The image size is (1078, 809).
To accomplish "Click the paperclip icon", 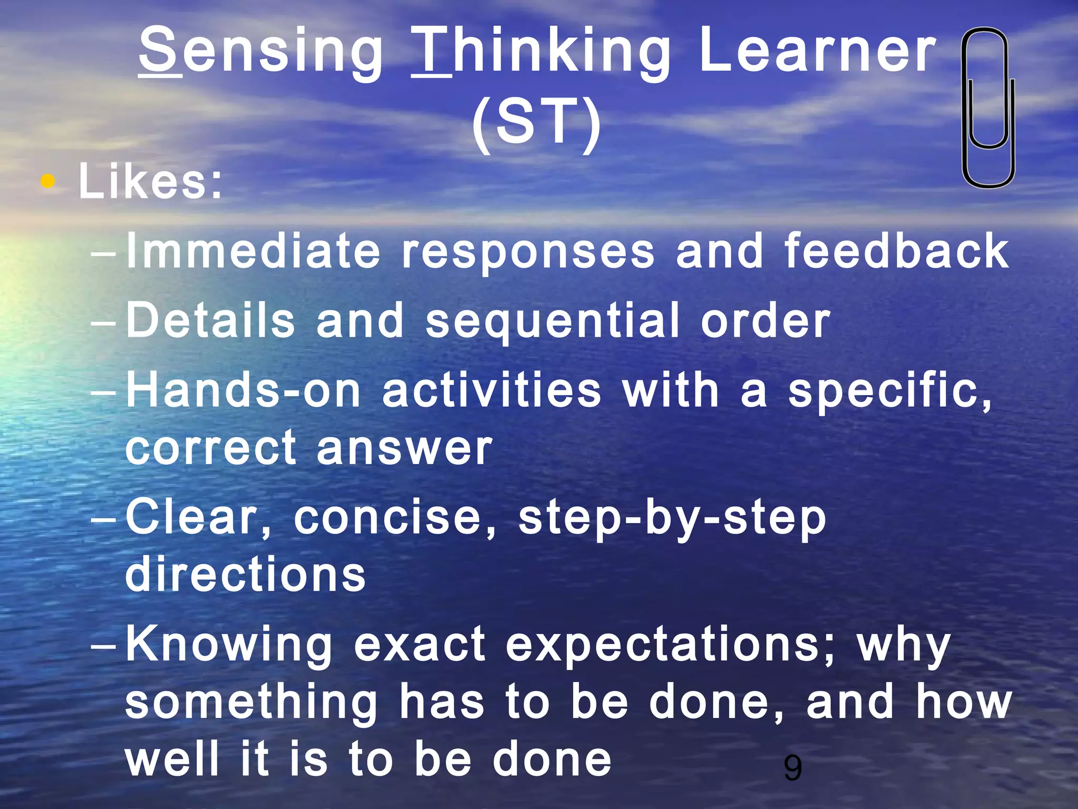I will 988,108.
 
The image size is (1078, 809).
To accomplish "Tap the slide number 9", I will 793,768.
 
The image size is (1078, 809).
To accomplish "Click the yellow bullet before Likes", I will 48,182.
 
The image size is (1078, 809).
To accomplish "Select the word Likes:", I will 151,182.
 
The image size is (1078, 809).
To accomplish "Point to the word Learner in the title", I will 817,52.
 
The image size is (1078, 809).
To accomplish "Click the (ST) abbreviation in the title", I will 536,122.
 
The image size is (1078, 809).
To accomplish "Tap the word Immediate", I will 253,251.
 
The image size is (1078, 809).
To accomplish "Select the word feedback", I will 896,251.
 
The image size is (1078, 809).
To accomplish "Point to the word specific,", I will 890,391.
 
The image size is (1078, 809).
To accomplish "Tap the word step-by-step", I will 672,519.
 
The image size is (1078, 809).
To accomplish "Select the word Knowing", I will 229,645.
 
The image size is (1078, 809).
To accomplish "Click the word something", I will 252,703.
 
